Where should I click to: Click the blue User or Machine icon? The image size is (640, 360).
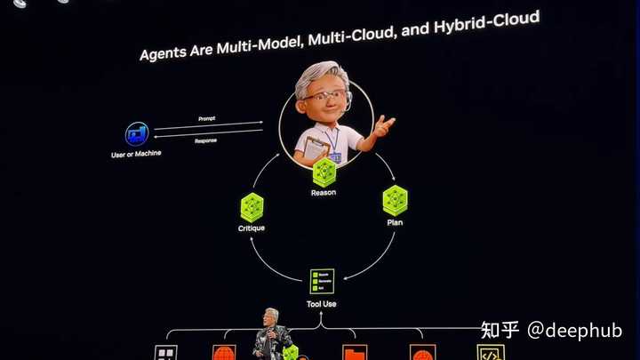[x=136, y=134]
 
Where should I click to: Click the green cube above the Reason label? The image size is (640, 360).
[x=324, y=171]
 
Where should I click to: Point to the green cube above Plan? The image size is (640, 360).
[x=395, y=200]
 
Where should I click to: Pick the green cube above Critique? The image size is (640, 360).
[x=252, y=207]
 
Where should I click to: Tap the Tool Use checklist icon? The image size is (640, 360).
[x=322, y=281]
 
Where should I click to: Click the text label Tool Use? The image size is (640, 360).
[x=322, y=304]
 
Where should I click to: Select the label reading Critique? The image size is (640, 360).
[x=252, y=228]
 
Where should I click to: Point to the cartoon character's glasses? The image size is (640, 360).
[x=325, y=96]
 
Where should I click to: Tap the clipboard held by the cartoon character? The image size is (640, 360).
[x=316, y=145]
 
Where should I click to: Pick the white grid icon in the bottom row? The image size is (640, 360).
[x=166, y=352]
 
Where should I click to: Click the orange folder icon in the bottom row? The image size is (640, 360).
[x=355, y=353]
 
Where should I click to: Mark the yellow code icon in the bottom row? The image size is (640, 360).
[x=490, y=352]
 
